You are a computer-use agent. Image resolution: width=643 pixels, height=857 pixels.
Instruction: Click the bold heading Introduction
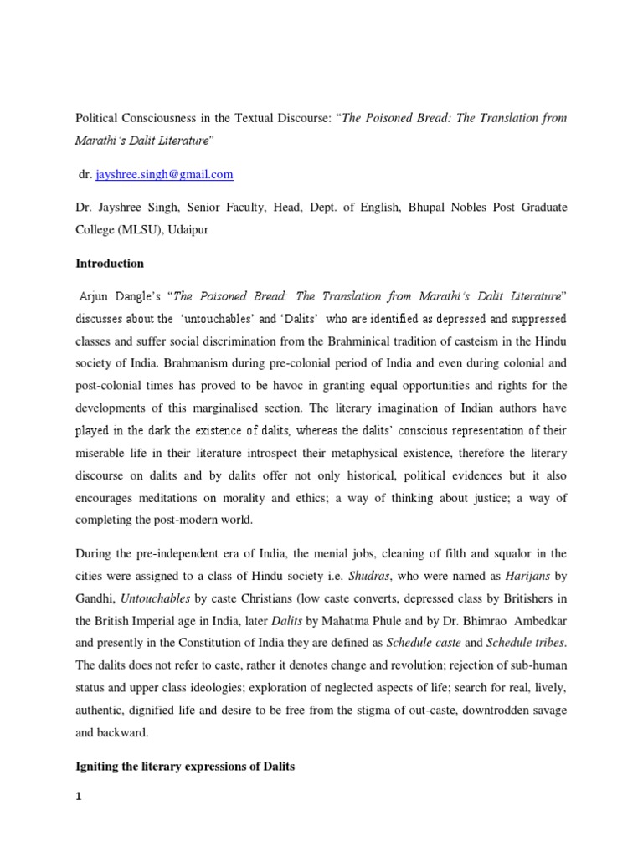coord(110,264)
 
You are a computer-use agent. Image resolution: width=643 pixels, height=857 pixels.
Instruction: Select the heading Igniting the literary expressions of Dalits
coord(185,767)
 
